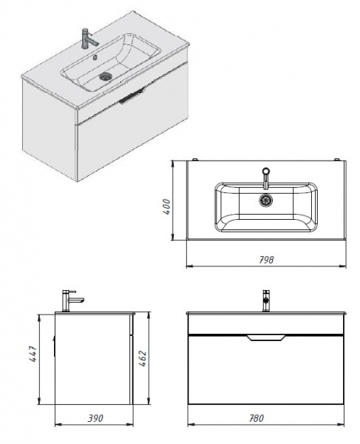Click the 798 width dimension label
tap(266, 260)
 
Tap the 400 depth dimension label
tap(167, 207)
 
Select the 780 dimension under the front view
tap(257, 418)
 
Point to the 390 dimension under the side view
tap(95, 418)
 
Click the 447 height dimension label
tap(33, 354)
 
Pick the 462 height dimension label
tap(143, 358)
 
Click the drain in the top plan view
tap(266, 200)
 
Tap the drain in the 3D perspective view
tap(106, 76)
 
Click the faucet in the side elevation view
tap(72, 300)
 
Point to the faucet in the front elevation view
tap(266, 300)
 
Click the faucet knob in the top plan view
tap(266, 171)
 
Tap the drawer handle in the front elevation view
tap(266, 337)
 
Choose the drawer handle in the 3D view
tap(132, 96)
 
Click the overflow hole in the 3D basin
tap(95, 57)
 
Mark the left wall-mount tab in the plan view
tap(195, 160)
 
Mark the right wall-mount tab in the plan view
tap(337, 160)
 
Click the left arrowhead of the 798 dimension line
tap(189, 266)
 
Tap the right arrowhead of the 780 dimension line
tap(342, 424)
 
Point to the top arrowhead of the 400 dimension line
tap(172, 164)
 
